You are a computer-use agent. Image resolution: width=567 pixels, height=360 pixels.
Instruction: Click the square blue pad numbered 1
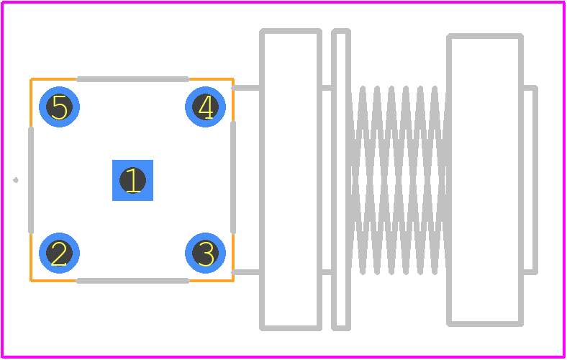[x=132, y=180]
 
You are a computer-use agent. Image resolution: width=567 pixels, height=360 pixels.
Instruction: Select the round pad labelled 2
[x=59, y=253]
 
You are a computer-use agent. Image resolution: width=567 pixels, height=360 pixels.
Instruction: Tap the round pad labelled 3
[x=205, y=253]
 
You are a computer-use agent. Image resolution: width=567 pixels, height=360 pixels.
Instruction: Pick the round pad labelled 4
[x=205, y=107]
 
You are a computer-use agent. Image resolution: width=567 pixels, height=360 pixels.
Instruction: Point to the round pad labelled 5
[x=59, y=107]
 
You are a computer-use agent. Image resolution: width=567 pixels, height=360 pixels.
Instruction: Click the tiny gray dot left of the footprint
[x=16, y=180]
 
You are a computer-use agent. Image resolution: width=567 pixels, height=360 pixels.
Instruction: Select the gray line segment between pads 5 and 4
[x=132, y=79]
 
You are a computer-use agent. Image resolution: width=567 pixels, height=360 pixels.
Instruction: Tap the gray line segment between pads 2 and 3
[x=132, y=281]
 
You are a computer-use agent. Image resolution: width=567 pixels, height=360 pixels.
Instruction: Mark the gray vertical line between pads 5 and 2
[x=31, y=180]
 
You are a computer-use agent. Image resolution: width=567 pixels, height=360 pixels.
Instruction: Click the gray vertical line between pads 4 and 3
[x=233, y=177]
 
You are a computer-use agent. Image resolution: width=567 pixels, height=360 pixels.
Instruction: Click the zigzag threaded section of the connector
[x=399, y=180]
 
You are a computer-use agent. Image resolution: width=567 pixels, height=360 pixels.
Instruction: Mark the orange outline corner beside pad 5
[x=32, y=79]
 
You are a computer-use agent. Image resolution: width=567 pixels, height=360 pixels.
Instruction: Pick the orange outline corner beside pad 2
[x=32, y=280]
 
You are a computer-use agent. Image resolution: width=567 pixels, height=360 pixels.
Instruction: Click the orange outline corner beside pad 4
[x=233, y=79]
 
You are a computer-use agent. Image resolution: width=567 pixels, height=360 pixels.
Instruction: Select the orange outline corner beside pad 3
[x=233, y=280]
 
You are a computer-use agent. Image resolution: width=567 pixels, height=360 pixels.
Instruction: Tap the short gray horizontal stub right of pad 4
[x=246, y=88]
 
